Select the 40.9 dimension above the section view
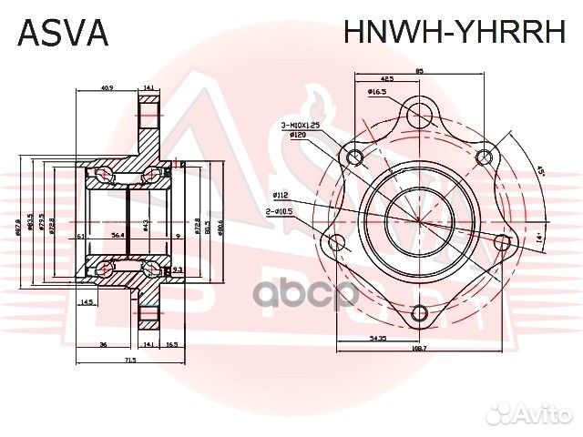coord(107,88)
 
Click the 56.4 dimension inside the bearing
coord(118,235)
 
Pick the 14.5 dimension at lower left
coord(87,302)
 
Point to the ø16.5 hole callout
coord(379,92)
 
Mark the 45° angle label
coord(539,172)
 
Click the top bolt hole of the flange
coord(418,115)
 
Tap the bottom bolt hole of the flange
coord(418,314)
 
